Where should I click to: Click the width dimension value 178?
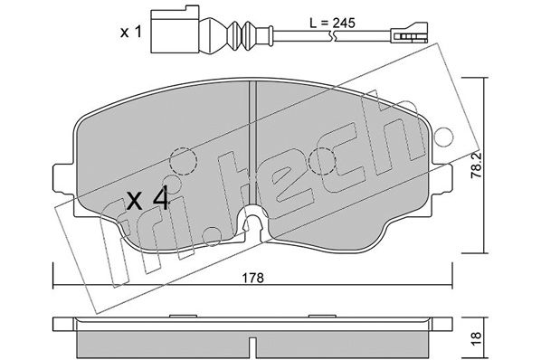coord(252,278)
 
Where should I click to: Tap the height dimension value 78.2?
coord(477,166)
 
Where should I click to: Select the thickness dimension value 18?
coord(477,339)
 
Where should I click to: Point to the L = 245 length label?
coord(332,24)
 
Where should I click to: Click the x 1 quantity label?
coord(131,33)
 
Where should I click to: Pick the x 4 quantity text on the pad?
coord(147,198)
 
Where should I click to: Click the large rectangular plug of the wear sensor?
coord(175,29)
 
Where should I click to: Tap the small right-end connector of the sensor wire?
coord(409,33)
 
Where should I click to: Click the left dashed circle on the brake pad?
coord(184,160)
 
